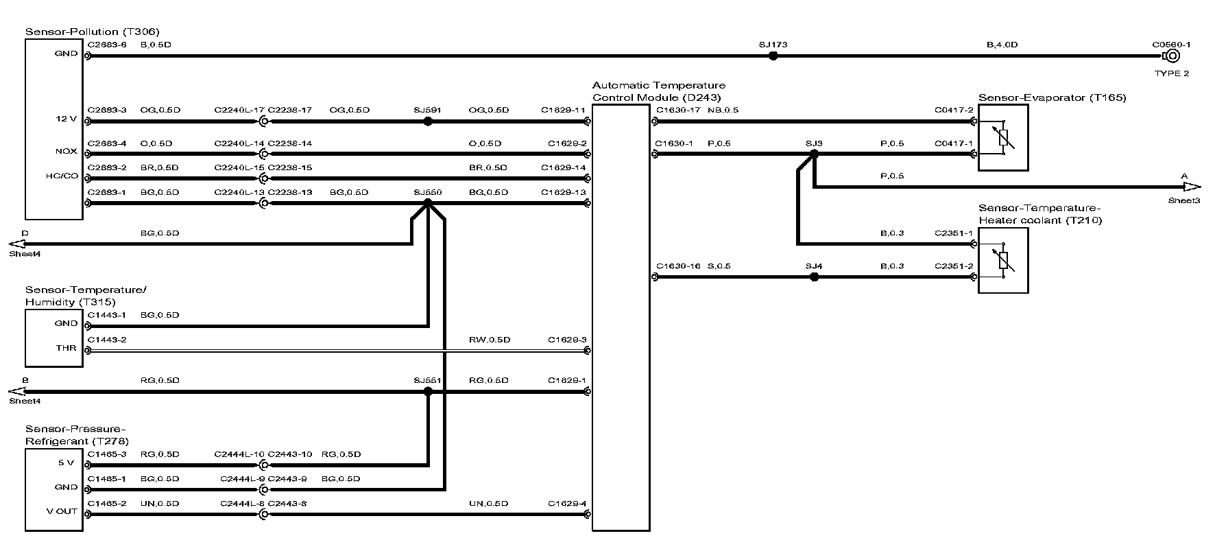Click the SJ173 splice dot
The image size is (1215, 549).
[x=773, y=56]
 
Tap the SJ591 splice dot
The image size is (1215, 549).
[x=428, y=121]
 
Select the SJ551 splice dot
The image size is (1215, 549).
[x=428, y=392]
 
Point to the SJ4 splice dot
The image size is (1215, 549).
[x=814, y=277]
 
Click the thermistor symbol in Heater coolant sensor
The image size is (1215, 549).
[x=1002, y=260]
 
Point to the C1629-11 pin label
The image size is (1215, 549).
[x=562, y=110]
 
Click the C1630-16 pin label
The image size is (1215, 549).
[x=677, y=266]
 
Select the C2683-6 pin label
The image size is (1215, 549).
[x=107, y=45]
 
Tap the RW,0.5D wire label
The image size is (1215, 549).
[x=490, y=340]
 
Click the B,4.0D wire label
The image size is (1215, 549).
[x=1002, y=45]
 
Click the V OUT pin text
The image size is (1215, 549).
[x=62, y=511]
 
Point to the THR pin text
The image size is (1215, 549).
[x=67, y=348]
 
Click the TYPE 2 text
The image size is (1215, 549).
[x=1172, y=73]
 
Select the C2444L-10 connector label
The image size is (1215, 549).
[x=239, y=454]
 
